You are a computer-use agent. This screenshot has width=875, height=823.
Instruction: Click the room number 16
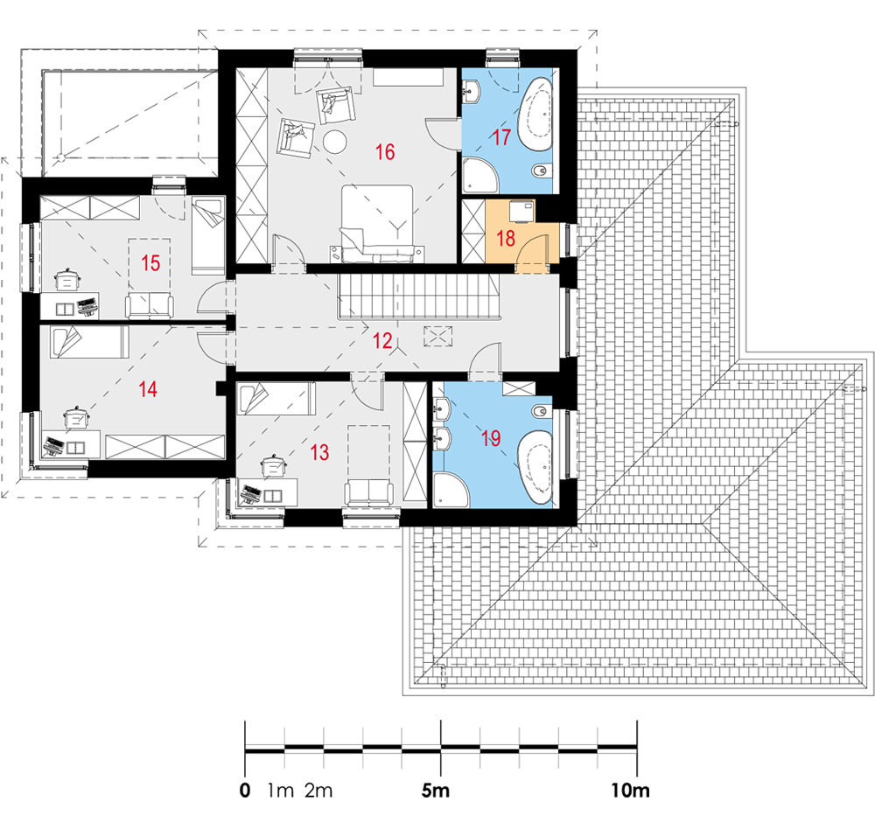pos(385,152)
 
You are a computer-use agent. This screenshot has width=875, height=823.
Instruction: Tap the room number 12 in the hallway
pos(382,340)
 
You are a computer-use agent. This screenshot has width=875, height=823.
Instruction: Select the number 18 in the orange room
pos(506,238)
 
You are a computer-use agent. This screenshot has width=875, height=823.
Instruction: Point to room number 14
pos(148,389)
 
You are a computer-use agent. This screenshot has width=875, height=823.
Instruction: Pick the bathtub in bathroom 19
pos(535,468)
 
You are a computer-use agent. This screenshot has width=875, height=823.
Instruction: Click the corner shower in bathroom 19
pos(451,491)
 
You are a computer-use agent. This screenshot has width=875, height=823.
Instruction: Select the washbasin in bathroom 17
pos(472,92)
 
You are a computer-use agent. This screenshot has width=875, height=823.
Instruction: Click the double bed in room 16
pos(378,223)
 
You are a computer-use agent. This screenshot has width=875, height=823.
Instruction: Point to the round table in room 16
pos(335,142)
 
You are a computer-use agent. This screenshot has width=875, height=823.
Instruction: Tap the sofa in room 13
pos(368,492)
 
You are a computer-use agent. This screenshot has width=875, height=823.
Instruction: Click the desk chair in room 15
pos(67,279)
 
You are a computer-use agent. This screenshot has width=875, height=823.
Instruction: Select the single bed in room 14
pos(89,342)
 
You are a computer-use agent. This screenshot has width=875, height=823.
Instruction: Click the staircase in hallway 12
pos(418,296)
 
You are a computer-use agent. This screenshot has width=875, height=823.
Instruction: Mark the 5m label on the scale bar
pos(435,791)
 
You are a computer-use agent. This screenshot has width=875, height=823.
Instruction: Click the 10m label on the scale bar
pos(630,791)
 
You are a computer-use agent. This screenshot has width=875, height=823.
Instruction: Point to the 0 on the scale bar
pos(245,791)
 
